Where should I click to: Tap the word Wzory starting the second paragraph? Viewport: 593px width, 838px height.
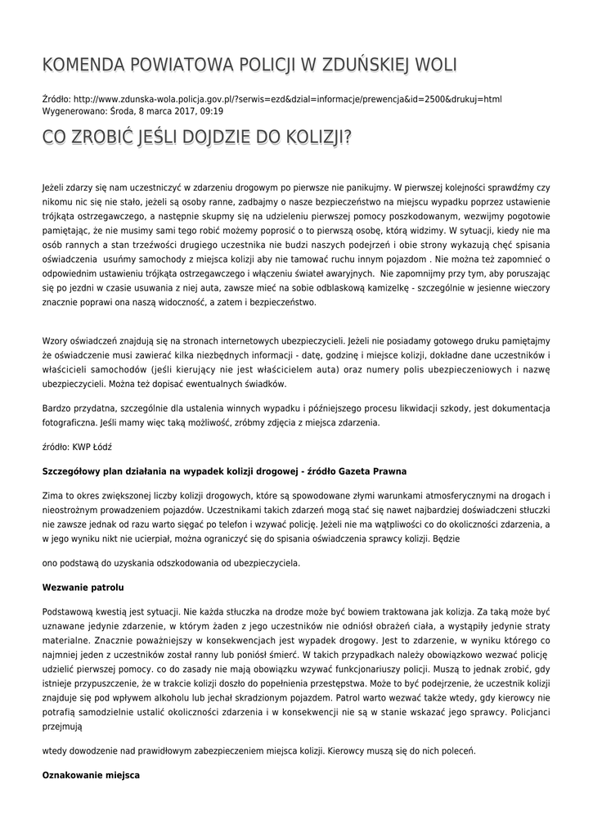click(x=56, y=340)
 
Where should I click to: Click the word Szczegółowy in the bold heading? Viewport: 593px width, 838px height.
click(x=74, y=471)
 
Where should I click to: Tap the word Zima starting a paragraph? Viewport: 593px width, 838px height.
click(x=52, y=496)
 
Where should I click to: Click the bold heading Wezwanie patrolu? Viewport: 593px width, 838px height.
click(x=81, y=587)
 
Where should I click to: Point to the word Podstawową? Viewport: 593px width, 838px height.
click(x=70, y=611)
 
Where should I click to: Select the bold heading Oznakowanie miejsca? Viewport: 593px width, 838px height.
click(x=91, y=773)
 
